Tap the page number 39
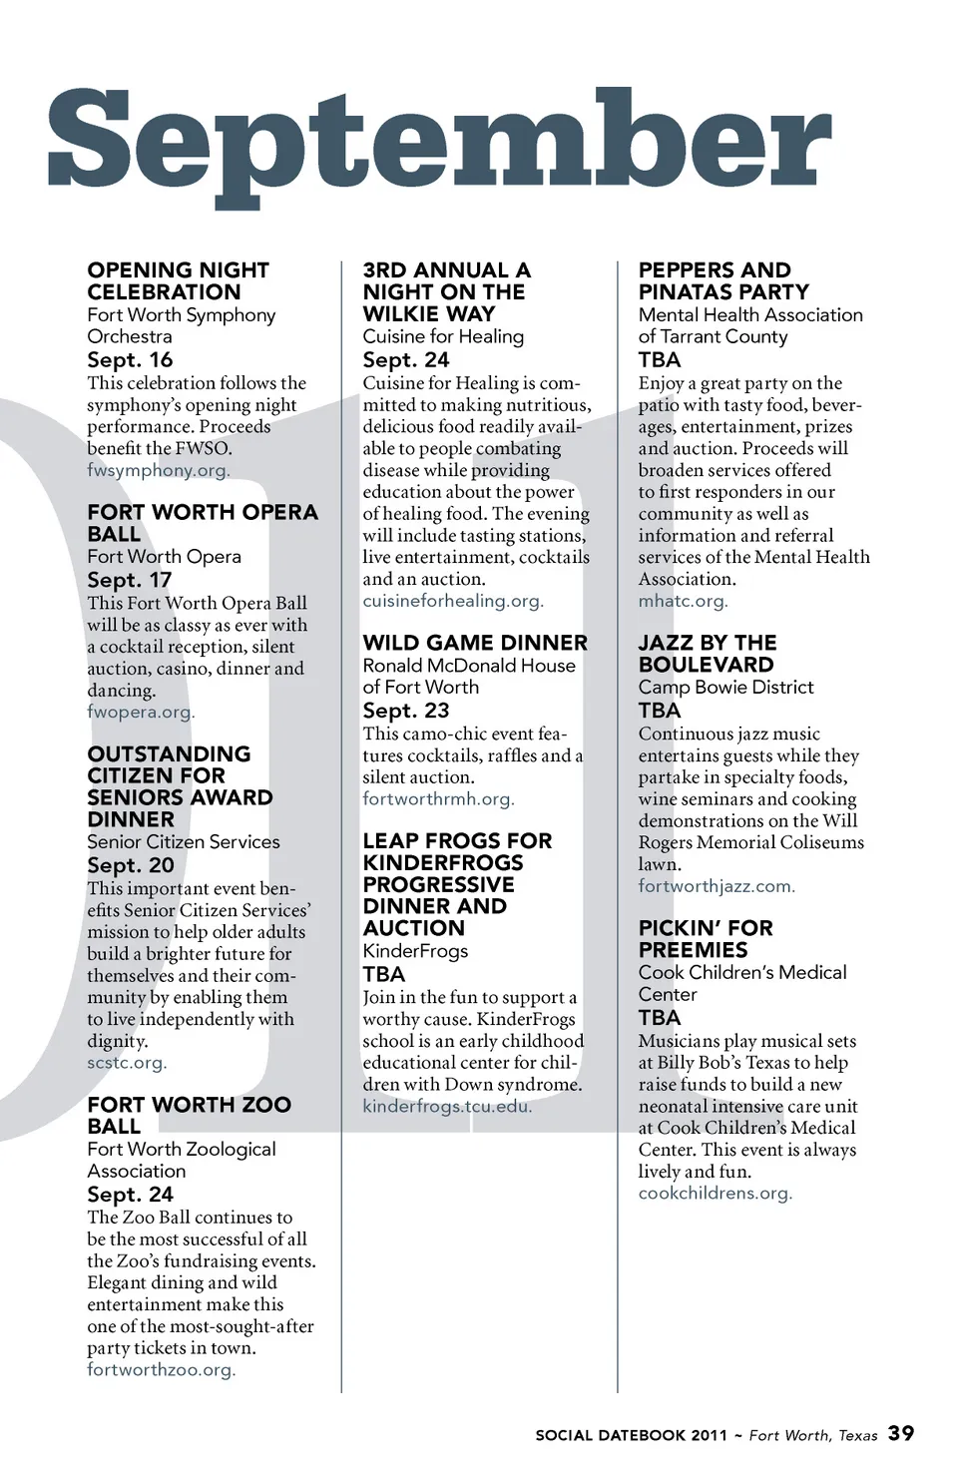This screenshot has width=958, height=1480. point(900,1433)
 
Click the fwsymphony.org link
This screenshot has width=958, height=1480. point(158,470)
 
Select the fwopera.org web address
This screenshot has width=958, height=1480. point(140,712)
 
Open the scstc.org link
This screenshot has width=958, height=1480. point(126,1062)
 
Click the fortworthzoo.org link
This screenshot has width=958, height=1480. point(161,1369)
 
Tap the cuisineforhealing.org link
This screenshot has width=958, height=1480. point(452,601)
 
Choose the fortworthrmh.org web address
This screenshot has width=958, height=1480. point(438,798)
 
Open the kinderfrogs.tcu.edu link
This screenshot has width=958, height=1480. point(446,1106)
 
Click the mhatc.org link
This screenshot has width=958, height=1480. point(683,601)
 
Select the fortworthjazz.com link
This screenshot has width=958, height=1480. point(716,885)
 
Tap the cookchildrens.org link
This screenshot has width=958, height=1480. point(715,1193)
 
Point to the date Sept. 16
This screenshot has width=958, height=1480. point(130,359)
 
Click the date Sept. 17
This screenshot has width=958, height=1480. point(130,580)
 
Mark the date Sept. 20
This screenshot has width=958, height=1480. point(131,865)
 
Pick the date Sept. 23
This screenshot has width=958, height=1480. point(406,711)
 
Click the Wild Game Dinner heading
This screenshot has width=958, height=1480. point(475,643)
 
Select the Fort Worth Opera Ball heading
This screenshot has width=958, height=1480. point(202,523)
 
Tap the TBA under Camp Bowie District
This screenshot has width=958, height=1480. point(660,711)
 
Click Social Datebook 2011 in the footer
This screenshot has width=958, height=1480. point(631,1435)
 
